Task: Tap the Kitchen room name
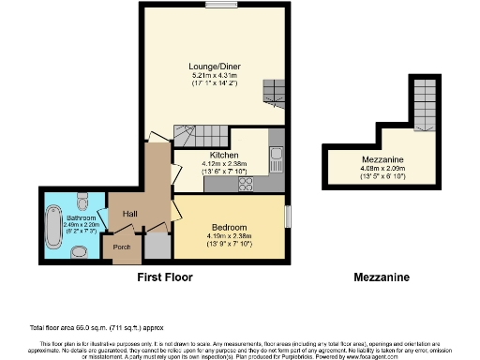pyautogui.click(x=222, y=155)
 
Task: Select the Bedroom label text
pyautogui.click(x=229, y=228)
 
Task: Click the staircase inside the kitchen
pyautogui.click(x=208, y=136)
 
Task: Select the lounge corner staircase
pyautogui.click(x=273, y=92)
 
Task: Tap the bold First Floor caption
pyautogui.click(x=164, y=277)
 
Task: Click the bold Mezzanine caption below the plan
pyautogui.click(x=380, y=277)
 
